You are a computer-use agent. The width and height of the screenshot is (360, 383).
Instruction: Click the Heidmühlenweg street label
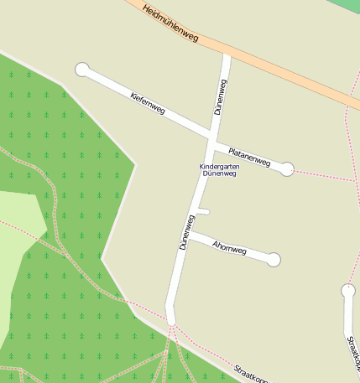(x=170, y=23)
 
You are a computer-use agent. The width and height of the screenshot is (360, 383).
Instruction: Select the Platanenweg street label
(x=249, y=157)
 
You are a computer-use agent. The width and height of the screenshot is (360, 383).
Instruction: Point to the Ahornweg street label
(x=230, y=247)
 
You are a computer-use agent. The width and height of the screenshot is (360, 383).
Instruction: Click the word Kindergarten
(x=219, y=167)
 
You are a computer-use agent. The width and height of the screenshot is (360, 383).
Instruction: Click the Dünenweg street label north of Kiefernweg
(x=221, y=96)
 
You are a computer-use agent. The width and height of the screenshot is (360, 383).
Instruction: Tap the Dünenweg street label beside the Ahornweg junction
(x=186, y=232)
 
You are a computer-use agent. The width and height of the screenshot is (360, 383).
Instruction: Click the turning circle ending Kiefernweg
(x=82, y=70)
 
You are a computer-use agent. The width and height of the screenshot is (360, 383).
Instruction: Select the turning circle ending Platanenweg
(x=287, y=168)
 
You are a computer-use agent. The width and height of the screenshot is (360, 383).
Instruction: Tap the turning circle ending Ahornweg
(x=273, y=260)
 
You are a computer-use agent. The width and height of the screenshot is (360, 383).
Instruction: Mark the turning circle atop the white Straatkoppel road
(x=348, y=291)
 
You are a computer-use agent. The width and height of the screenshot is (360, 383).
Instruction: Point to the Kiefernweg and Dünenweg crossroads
(x=212, y=134)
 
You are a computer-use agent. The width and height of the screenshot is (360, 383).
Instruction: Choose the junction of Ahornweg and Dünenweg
(x=188, y=237)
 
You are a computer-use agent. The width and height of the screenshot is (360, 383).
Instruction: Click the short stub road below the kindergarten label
(x=202, y=212)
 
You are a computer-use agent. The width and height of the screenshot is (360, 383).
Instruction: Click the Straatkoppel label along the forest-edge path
(x=251, y=375)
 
